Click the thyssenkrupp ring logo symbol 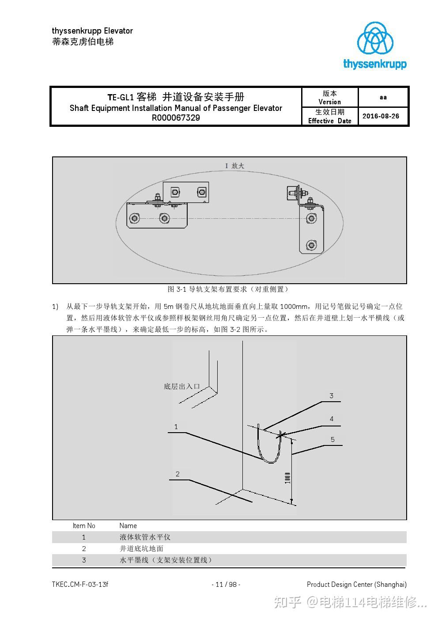[x=375, y=38]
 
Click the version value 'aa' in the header [x=383, y=97]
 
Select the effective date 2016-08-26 [x=381, y=116]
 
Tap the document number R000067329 [x=176, y=118]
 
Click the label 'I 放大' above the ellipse [x=234, y=166]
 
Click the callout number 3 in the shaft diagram [x=331, y=396]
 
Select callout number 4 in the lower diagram [x=332, y=419]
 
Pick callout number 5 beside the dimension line [x=332, y=439]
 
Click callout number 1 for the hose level [x=176, y=427]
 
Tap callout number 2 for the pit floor [x=177, y=474]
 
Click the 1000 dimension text [x=287, y=478]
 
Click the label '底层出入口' [x=182, y=387]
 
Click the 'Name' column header [x=128, y=526]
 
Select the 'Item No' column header [x=84, y=526]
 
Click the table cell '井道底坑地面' [x=141, y=549]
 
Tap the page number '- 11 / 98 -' [x=226, y=585]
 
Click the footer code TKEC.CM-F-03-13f [x=80, y=585]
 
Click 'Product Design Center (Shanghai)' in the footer [x=356, y=585]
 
